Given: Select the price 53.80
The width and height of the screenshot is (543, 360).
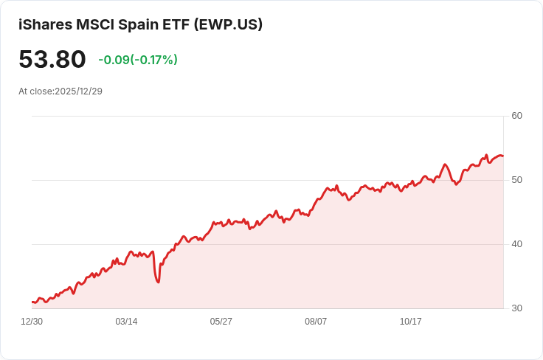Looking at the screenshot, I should coord(52,60).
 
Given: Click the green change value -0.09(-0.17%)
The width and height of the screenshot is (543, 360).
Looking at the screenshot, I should coord(138,60).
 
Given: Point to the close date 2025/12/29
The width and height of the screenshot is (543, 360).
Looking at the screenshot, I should coord(78,91).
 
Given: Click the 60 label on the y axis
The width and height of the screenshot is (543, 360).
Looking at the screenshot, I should coord(516,116).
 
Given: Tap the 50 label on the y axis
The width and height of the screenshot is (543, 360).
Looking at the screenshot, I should coord(516,180).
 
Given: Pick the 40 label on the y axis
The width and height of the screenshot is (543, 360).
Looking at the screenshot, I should coord(516,244).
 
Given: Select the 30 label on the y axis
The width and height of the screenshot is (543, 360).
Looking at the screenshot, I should coord(516,308).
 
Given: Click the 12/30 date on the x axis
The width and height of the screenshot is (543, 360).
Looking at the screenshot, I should coord(32,322).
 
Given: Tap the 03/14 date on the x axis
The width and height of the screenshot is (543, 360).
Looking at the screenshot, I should coord(126,322).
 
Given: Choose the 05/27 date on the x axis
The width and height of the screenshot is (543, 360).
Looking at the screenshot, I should coord(221,322).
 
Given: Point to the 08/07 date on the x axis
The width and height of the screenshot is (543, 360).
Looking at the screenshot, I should coord(316,322).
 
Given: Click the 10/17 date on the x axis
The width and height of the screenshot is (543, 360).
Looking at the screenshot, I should coord(410,322).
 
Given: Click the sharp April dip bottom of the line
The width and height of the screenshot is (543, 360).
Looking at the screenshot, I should coord(159,282).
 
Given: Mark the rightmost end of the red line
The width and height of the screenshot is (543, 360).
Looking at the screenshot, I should coord(502,156).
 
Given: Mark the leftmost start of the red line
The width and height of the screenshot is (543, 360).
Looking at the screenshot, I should coord(32,302).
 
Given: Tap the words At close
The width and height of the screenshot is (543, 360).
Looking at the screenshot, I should coord(35,91).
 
